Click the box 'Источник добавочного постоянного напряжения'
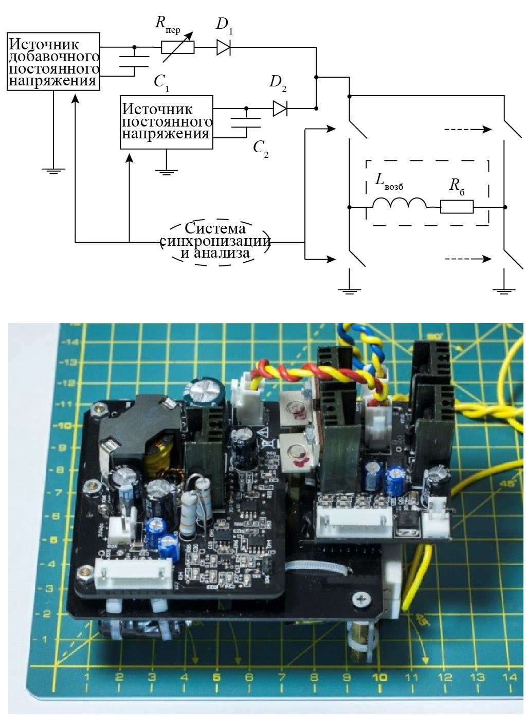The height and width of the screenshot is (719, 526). point(53,61)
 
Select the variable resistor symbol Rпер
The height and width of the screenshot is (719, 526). point(178,47)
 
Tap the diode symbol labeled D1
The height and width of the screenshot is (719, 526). point(224,47)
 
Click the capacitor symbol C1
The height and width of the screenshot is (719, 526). point(135,61)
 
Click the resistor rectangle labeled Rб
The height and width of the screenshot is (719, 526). point(457,207)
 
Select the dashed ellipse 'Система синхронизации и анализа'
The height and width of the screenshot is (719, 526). point(215,242)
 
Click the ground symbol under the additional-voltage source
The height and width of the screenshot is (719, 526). point(53,170)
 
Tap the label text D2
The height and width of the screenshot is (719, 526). point(278,83)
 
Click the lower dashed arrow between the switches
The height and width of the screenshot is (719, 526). point(467,259)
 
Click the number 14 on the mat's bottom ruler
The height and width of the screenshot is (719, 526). point(509,678)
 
